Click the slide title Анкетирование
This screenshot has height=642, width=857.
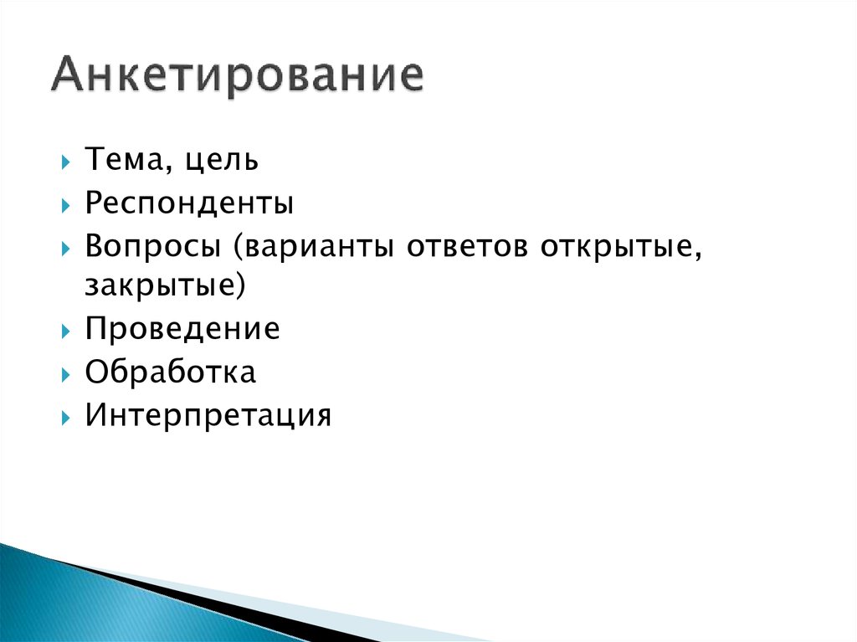[236, 78]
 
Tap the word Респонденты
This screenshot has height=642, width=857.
[189, 203]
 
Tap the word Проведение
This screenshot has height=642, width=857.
[182, 329]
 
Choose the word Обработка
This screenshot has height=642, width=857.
[171, 372]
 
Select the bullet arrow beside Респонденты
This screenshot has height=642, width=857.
[66, 204]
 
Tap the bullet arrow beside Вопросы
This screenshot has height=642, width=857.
[66, 247]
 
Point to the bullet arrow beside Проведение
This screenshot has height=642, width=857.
[66, 330]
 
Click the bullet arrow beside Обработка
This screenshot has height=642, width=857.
[66, 372]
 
